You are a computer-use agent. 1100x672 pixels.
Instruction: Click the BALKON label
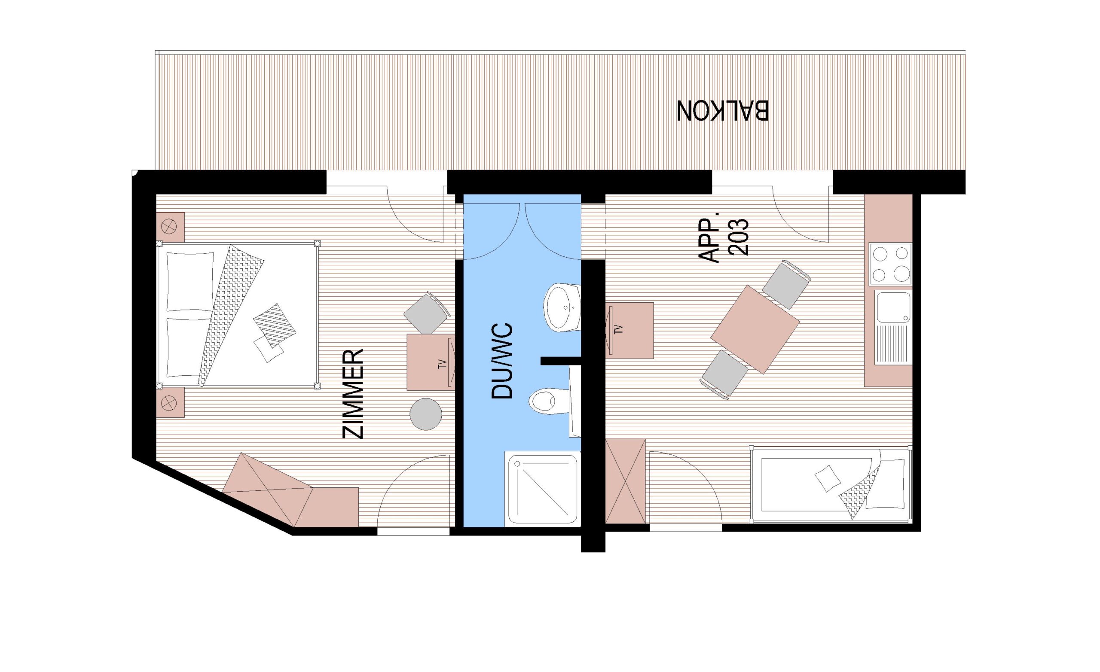(723, 110)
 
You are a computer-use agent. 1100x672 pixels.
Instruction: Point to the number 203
(738, 237)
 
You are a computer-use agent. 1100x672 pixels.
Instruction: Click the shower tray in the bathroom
(542, 489)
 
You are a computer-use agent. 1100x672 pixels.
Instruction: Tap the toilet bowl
(545, 400)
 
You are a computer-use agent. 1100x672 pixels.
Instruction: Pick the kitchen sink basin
(893, 307)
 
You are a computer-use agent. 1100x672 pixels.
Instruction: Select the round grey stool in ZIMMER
(426, 414)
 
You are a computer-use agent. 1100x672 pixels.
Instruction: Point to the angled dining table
(755, 329)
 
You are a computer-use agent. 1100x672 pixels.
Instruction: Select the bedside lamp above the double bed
(170, 227)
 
